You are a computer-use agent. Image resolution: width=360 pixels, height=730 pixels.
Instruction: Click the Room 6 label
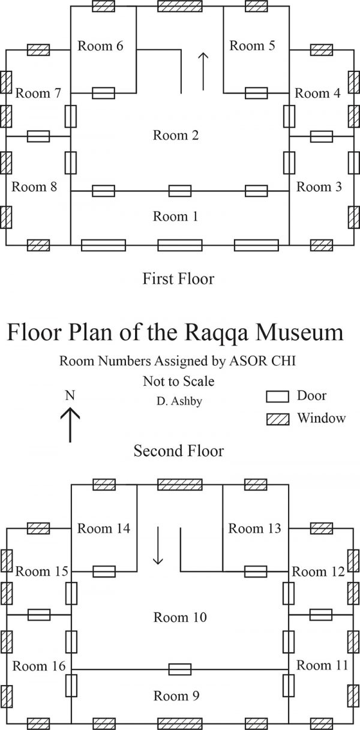tap(100, 46)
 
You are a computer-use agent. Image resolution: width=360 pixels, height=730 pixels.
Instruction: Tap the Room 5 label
tap(252, 46)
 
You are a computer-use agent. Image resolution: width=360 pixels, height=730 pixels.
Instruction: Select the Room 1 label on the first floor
tap(175, 217)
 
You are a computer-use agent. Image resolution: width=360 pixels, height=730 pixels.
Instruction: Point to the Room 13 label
tap(254, 528)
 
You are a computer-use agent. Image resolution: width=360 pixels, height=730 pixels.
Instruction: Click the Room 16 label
tap(39, 666)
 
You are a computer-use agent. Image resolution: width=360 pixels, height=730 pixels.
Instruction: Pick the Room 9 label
tap(176, 696)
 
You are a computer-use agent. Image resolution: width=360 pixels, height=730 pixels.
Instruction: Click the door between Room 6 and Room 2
tap(103, 93)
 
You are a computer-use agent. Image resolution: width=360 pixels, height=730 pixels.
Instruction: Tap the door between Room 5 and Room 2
tap(256, 93)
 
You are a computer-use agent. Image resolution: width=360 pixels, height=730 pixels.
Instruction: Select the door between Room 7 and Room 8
tap(38, 136)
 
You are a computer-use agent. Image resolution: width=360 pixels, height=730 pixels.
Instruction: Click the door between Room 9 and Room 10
tap(180, 669)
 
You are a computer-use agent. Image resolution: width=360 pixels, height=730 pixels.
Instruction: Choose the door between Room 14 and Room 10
tap(104, 571)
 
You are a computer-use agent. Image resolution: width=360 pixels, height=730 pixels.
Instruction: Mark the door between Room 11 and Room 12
tap(321, 615)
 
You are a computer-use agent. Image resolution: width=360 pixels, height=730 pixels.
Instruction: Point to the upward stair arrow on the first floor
tap(203, 71)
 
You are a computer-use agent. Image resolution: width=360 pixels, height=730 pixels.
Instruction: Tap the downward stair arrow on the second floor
tap(158, 545)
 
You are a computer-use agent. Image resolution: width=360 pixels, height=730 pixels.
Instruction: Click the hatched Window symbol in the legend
tap(277, 419)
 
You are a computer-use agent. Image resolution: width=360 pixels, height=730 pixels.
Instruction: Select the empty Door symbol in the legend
tap(277, 396)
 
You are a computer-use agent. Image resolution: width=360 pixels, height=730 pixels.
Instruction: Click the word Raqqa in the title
tap(217, 333)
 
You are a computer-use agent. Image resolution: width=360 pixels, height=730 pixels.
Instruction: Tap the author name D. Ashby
tap(179, 401)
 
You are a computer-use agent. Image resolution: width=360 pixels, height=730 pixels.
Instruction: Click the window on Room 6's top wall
tap(103, 6)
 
